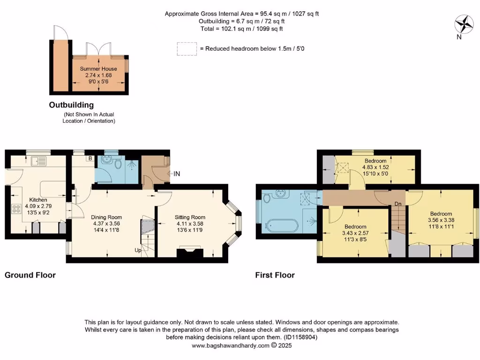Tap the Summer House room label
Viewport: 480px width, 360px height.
pos(98,69)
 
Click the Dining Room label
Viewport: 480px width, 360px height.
pos(107,217)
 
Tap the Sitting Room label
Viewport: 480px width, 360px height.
pos(190,217)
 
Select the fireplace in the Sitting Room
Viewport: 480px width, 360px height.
pos(189,253)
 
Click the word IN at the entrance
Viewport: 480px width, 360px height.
pos(177,174)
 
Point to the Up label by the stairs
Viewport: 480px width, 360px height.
pos(139,250)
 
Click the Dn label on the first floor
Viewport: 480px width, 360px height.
pos(397,204)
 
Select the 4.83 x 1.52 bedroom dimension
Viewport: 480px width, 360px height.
pos(375,167)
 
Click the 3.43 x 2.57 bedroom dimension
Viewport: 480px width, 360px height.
pos(354,233)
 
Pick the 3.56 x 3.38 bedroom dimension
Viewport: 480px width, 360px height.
pos(441,219)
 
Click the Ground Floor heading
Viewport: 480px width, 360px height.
pos(30,275)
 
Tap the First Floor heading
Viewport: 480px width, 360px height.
pos(275,275)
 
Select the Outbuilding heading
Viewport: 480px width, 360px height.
pos(71,105)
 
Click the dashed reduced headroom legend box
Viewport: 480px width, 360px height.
pos(186,49)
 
